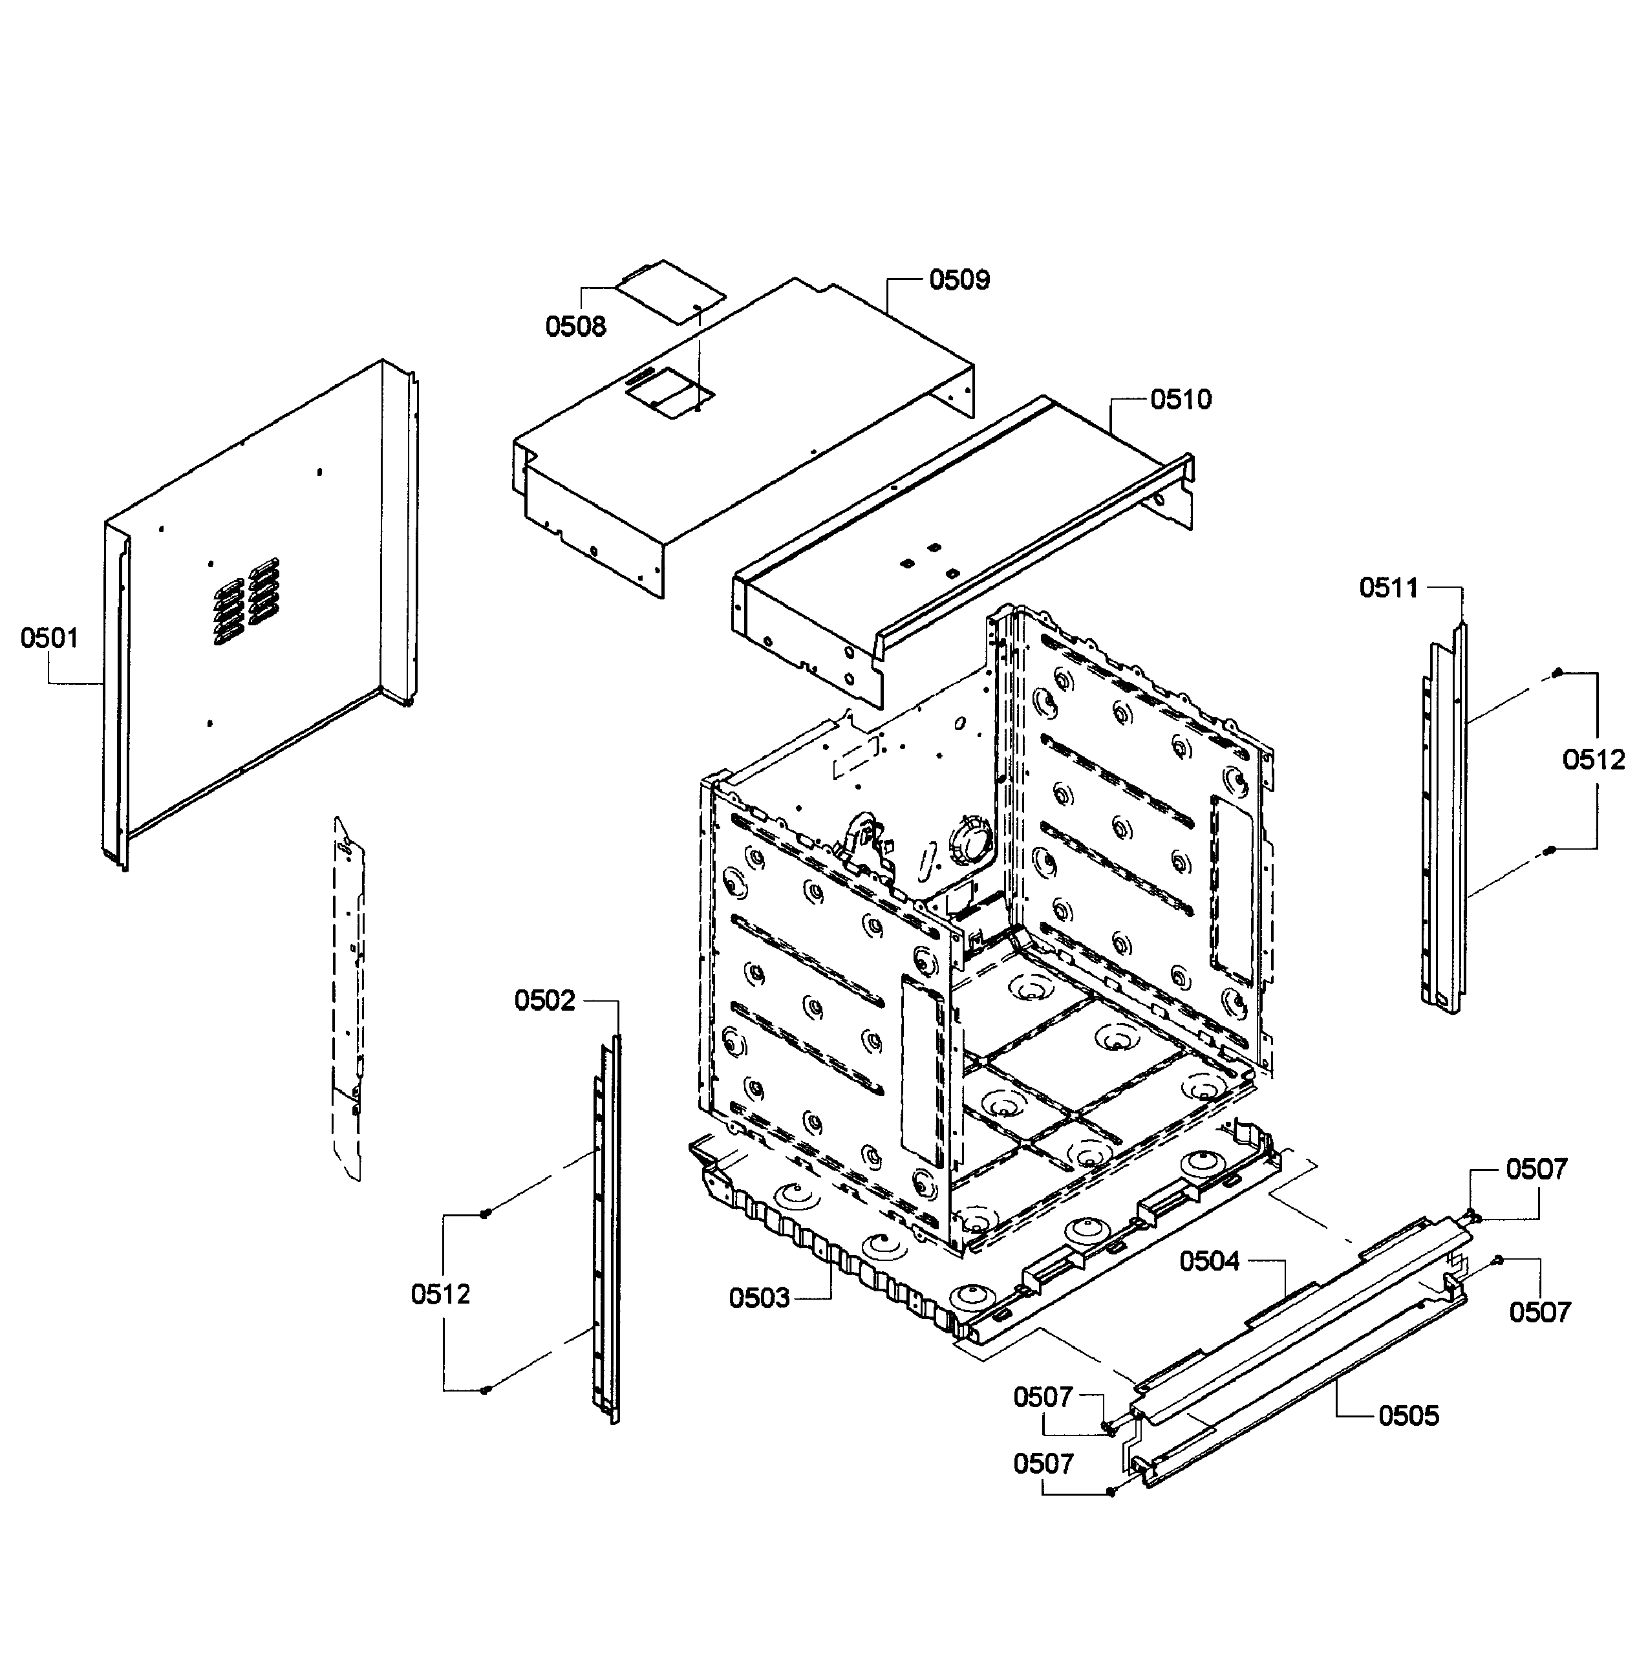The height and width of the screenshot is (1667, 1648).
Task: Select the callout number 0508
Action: coord(575,327)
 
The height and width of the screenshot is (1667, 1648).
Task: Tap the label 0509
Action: coord(959,281)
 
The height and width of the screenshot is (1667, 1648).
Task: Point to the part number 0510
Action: coord(1181,400)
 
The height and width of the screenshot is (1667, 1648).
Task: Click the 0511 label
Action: coord(1388,588)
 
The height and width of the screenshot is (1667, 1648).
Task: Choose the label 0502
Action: coord(544,1001)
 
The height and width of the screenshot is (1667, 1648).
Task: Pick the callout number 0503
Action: coord(759,1298)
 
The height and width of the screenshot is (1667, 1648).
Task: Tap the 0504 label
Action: coord(1209,1262)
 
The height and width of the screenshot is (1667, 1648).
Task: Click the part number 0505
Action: coord(1408,1416)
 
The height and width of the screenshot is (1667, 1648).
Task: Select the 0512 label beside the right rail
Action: coord(1594,760)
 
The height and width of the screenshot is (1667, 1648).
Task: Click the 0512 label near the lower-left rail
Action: coord(441,1295)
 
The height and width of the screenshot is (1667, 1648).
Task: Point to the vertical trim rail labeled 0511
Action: coord(1444,820)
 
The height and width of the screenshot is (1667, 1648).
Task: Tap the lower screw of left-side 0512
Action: coord(485,1390)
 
